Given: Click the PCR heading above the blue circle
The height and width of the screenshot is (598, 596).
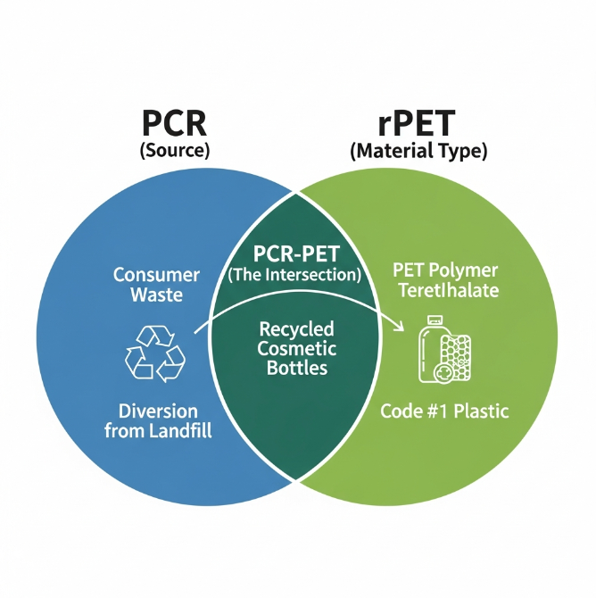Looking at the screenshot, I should point(174,121).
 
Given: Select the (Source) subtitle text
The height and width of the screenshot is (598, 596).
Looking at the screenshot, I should point(175,150).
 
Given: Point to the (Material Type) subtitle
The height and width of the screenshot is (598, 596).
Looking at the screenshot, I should point(418,151).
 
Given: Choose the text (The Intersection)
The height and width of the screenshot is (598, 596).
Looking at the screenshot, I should point(295,275).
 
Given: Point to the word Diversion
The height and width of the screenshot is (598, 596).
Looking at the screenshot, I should point(158,411).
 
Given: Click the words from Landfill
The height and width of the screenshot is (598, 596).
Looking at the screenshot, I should point(157,432).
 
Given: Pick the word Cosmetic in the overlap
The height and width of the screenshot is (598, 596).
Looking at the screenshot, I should point(296,349).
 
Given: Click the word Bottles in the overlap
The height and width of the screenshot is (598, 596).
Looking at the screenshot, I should point(296,369).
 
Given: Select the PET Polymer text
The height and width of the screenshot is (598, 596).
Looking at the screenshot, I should point(446,270).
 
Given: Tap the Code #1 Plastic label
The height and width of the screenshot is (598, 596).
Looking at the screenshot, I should point(444,411).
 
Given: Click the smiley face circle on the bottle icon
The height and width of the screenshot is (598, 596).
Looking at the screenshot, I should point(442,374).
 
